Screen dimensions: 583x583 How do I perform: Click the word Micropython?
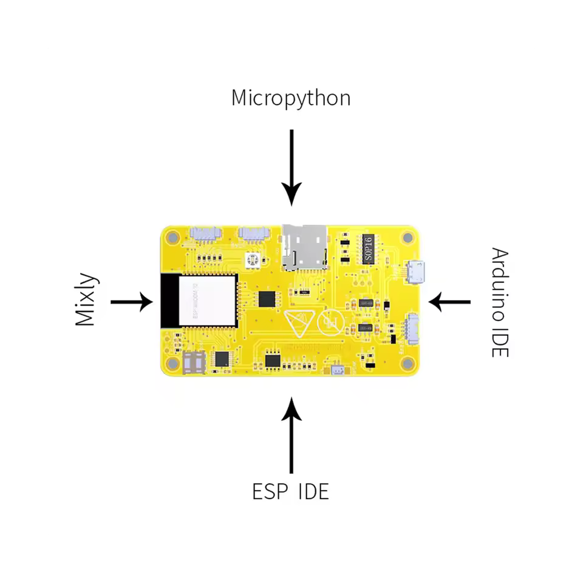[290, 98]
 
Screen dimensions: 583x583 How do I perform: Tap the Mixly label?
[86, 300]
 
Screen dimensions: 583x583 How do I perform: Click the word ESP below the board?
[270, 491]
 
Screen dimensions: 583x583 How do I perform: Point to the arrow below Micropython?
[291, 166]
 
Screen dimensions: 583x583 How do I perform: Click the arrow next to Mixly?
[131, 301]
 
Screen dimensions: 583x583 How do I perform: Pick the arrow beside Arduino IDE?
[450, 301]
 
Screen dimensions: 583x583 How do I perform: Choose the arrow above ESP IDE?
[291, 435]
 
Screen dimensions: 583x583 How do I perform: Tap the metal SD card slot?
[303, 247]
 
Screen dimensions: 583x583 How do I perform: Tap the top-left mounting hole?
[172, 236]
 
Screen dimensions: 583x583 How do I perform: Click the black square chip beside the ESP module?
[266, 299]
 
